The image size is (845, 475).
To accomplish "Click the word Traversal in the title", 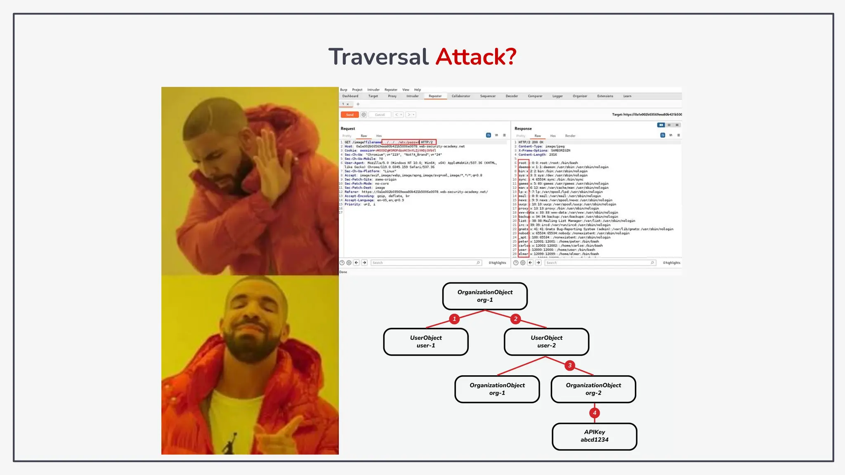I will (x=378, y=56).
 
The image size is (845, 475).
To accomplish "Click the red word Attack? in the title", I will (x=476, y=56).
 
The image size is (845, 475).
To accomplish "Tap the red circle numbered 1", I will (x=454, y=319).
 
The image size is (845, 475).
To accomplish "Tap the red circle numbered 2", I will (x=515, y=319).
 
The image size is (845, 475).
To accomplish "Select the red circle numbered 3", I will (x=570, y=365).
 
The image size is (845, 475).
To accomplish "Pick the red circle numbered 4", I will (x=595, y=413).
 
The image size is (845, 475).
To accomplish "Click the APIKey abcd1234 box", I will (x=595, y=436).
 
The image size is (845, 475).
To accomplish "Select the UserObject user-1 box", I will (x=426, y=342).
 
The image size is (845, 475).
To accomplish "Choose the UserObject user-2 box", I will (x=546, y=342).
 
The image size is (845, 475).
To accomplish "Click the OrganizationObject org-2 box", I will (x=593, y=389).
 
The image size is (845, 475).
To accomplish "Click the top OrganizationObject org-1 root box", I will (x=485, y=296).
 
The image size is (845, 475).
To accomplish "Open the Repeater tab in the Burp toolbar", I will (x=435, y=96).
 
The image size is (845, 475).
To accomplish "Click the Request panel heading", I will (x=348, y=129).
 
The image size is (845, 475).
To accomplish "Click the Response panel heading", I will (x=523, y=129).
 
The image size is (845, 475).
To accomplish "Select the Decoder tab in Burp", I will (x=512, y=96).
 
